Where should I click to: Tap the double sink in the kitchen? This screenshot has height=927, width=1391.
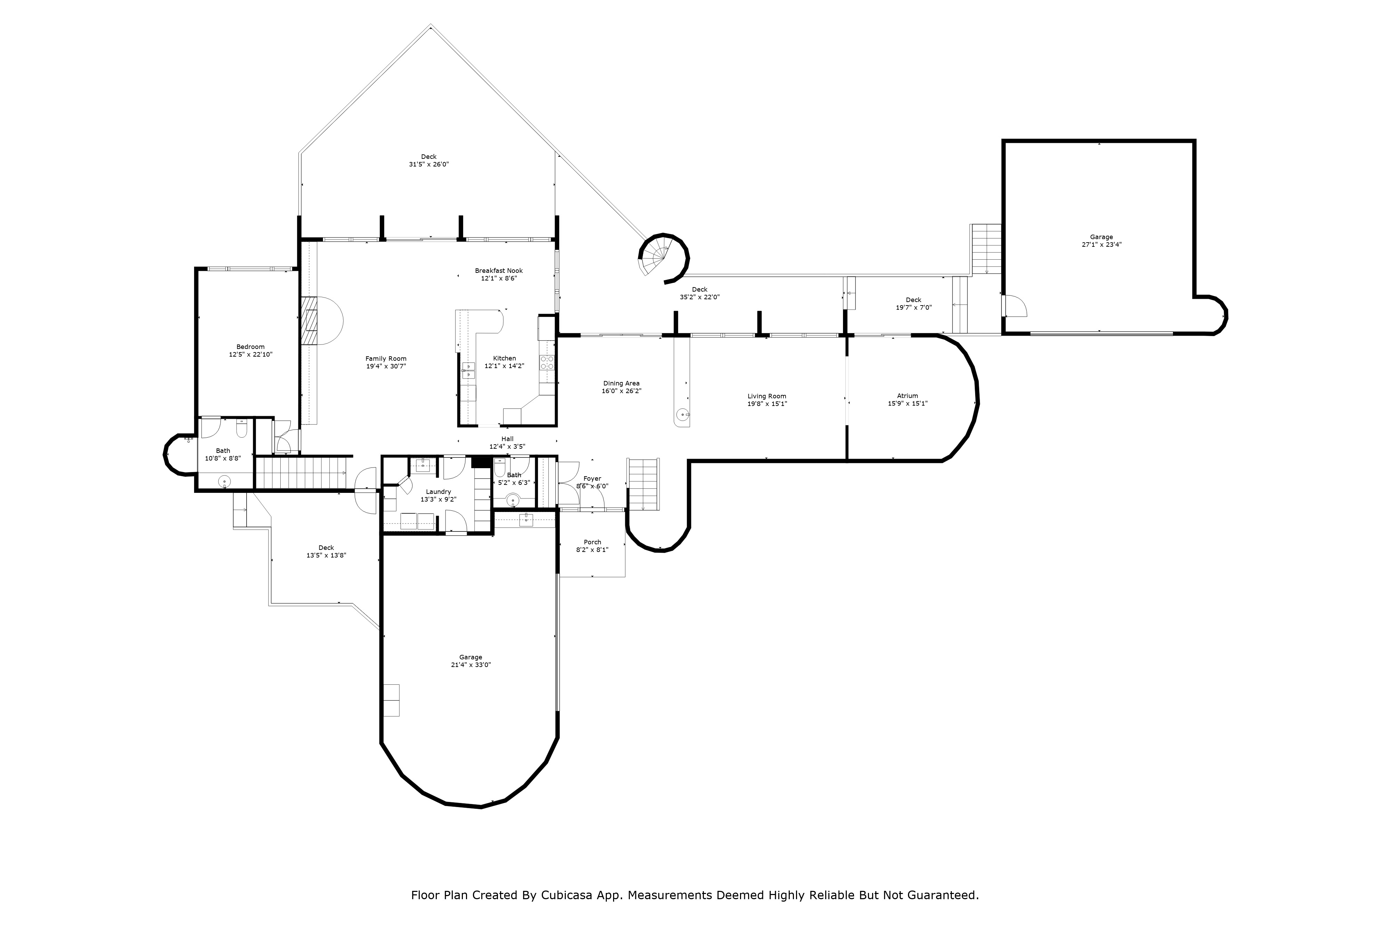point(468,370)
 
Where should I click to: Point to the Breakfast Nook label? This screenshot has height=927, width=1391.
point(499,271)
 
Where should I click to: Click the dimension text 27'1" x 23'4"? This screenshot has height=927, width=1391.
point(1101,244)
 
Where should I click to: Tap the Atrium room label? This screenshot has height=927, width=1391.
point(907,396)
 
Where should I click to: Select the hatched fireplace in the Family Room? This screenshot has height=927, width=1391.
point(309,320)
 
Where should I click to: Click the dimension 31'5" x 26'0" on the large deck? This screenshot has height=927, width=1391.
point(429,164)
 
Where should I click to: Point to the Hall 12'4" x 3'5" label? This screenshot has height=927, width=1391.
point(507,443)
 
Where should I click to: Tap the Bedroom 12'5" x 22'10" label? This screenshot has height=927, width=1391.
point(250,351)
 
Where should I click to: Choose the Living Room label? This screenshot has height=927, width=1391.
point(766,396)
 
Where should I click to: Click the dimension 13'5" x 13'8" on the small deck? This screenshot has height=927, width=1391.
point(326,555)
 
